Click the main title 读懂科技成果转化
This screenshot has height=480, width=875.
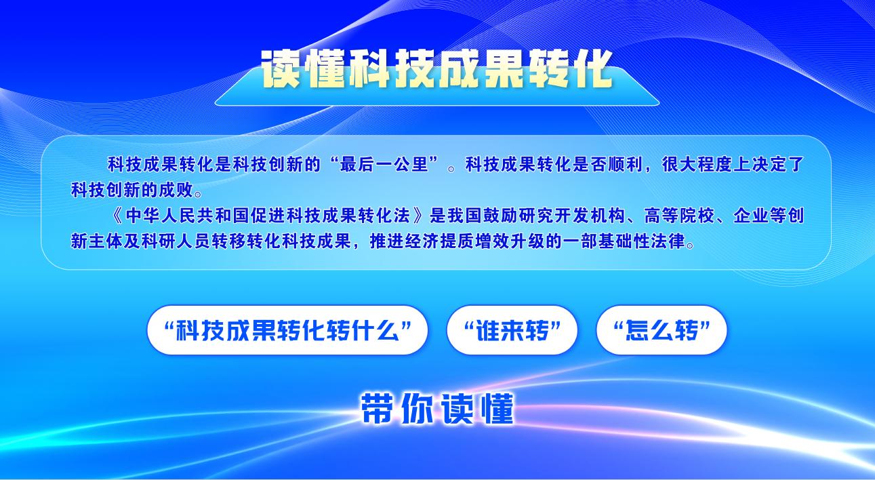[437, 70]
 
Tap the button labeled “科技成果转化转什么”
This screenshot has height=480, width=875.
[287, 330]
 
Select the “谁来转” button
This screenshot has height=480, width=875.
[512, 330]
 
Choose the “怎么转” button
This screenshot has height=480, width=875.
[662, 330]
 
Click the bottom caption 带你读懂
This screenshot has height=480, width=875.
[437, 409]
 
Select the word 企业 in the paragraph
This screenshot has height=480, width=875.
[751, 216]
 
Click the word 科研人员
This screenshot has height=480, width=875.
[177, 241]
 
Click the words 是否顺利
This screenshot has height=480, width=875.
[608, 165]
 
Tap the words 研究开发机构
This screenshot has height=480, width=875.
[572, 216]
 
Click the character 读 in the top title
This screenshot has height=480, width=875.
[281, 70]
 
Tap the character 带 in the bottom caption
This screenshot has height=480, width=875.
[377, 409]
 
